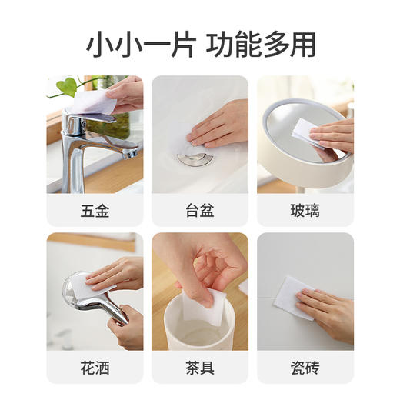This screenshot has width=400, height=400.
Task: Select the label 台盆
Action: point(199,210)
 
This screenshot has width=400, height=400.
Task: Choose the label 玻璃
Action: point(305,210)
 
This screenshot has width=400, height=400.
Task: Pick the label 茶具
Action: point(199,367)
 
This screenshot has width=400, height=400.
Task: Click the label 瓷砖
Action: point(305,367)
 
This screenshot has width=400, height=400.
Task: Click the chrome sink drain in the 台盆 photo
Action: point(188,158)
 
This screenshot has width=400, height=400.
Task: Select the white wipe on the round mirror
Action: point(304,132)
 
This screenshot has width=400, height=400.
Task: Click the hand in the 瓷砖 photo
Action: point(328,311)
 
